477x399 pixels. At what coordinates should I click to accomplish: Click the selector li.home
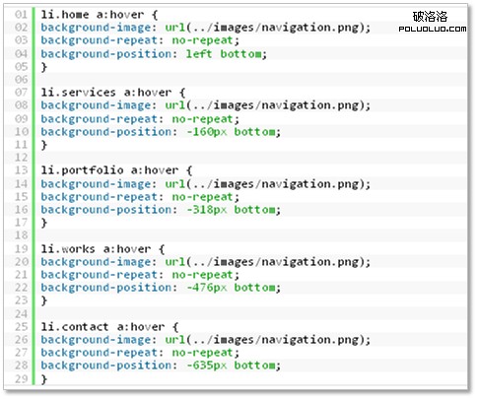(65, 15)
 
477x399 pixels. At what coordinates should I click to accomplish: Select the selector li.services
(78, 93)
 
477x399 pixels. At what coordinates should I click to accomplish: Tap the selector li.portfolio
(82, 170)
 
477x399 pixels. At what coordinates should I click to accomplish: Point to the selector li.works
(68, 248)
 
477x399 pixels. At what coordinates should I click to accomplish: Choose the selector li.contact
(75, 327)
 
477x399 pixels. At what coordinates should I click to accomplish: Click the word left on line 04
(199, 53)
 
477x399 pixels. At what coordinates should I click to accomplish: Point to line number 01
(21, 15)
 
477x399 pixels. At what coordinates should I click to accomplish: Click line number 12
(21, 158)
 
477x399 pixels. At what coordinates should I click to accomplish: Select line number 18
(21, 235)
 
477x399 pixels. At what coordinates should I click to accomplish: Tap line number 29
(21, 378)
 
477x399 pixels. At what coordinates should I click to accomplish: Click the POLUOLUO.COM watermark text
(433, 29)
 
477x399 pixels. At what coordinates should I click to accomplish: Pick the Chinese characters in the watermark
(430, 17)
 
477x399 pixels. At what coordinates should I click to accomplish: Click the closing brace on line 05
(44, 67)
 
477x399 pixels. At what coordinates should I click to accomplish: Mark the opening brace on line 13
(189, 170)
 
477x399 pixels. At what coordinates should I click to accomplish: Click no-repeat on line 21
(202, 275)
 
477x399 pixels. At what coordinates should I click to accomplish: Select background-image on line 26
(96, 340)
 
